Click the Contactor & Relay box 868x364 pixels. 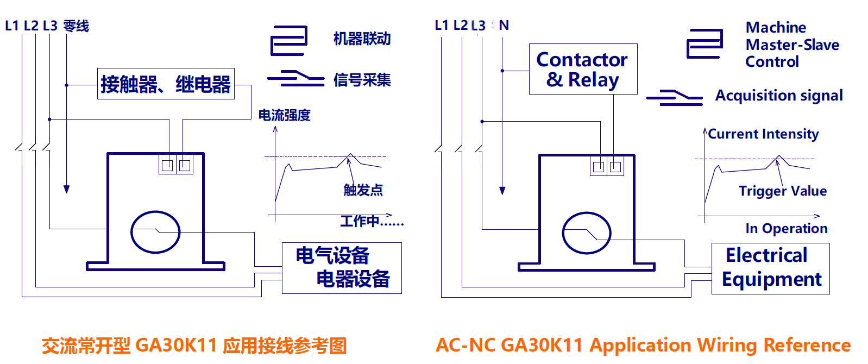coord(583,69)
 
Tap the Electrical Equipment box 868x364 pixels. coord(770,268)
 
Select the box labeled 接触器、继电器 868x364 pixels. coord(166,84)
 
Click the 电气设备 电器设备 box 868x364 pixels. coord(342,268)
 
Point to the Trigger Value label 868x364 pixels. coord(782,191)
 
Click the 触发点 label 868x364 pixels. coord(363,190)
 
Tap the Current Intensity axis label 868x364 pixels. coord(763,134)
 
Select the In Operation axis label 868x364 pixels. coord(786,228)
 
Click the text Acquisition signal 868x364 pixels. coord(778,96)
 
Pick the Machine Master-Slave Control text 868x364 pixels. coord(791,45)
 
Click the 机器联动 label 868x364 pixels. coord(362,39)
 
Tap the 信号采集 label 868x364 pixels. coord(362,80)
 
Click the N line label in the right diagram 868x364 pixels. coord(504,25)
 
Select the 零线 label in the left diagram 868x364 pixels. coord(76,26)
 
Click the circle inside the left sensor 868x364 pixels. coord(155,232)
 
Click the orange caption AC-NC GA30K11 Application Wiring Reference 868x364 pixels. coord(643,345)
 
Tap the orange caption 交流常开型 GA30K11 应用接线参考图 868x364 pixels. coord(194,346)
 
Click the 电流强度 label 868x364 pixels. coord(284,115)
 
